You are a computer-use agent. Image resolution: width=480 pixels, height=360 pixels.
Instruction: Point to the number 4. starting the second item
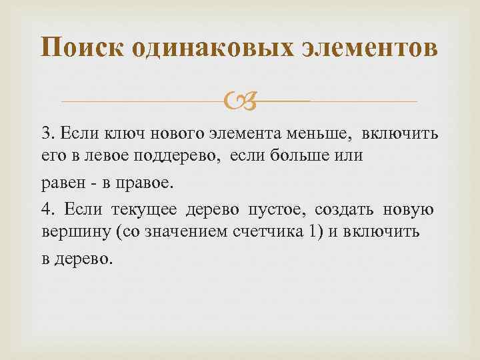tap(47, 211)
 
